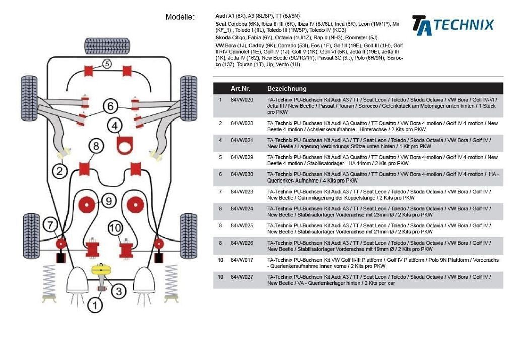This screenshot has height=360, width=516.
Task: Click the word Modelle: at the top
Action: tap(180, 17)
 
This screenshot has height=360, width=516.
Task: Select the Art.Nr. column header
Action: tap(241, 88)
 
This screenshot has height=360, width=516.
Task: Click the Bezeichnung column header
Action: tap(287, 88)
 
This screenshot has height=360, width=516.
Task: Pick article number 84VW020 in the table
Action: tap(242, 100)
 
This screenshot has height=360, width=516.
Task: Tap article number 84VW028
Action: tap(242, 123)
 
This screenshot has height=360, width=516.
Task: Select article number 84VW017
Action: tap(242, 260)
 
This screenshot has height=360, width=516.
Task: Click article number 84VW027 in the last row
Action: tap(242, 277)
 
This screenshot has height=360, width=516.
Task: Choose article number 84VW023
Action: tap(242, 192)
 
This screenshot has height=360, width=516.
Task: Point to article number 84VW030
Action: tap(242, 174)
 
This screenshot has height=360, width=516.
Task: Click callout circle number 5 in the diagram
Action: tap(107, 64)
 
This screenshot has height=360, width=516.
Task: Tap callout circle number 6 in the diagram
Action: tap(111, 106)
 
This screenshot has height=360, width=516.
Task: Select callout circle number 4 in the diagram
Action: tap(115, 126)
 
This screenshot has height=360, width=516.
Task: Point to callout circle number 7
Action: tap(50, 224)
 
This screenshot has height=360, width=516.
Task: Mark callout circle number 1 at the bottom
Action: tap(95, 305)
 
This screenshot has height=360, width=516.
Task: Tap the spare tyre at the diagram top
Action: tap(106, 46)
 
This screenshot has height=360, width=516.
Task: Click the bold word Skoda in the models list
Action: tap(223, 38)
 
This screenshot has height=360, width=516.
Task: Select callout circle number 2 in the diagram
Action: tap(59, 171)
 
